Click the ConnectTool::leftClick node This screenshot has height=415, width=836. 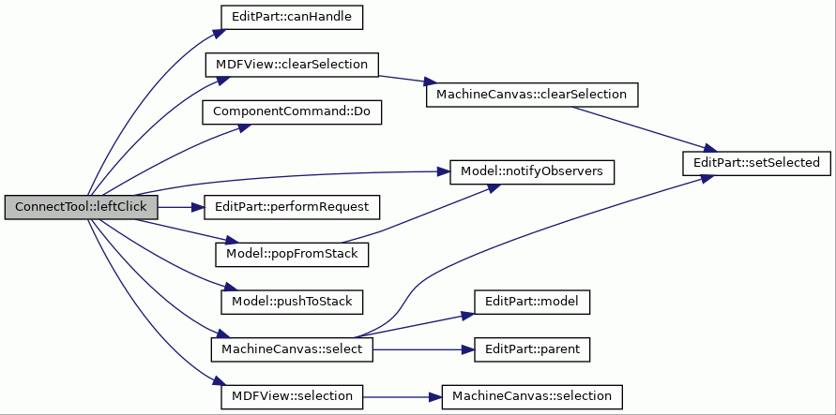click(82, 207)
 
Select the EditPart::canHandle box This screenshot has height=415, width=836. click(292, 17)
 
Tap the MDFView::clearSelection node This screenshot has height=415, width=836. click(292, 65)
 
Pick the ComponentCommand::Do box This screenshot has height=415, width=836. click(292, 111)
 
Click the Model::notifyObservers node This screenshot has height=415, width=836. click(532, 171)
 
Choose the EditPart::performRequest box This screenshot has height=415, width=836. click(292, 207)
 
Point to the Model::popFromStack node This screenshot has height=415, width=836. click(292, 254)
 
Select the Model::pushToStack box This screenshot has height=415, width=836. click(292, 302)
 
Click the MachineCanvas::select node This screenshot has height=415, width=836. click(292, 349)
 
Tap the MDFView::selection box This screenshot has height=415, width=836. click(292, 396)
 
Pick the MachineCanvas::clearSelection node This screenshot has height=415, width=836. click(532, 95)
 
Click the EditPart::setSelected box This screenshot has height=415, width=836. click(756, 163)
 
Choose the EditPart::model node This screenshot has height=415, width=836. click(532, 302)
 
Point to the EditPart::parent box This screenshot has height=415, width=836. click(532, 349)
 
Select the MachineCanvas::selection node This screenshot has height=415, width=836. click(532, 396)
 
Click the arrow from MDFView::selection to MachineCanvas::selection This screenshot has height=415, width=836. click(403, 397)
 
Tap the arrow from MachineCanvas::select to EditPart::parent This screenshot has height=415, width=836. click(424, 349)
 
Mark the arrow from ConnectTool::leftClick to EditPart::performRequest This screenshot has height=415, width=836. click(181, 207)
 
